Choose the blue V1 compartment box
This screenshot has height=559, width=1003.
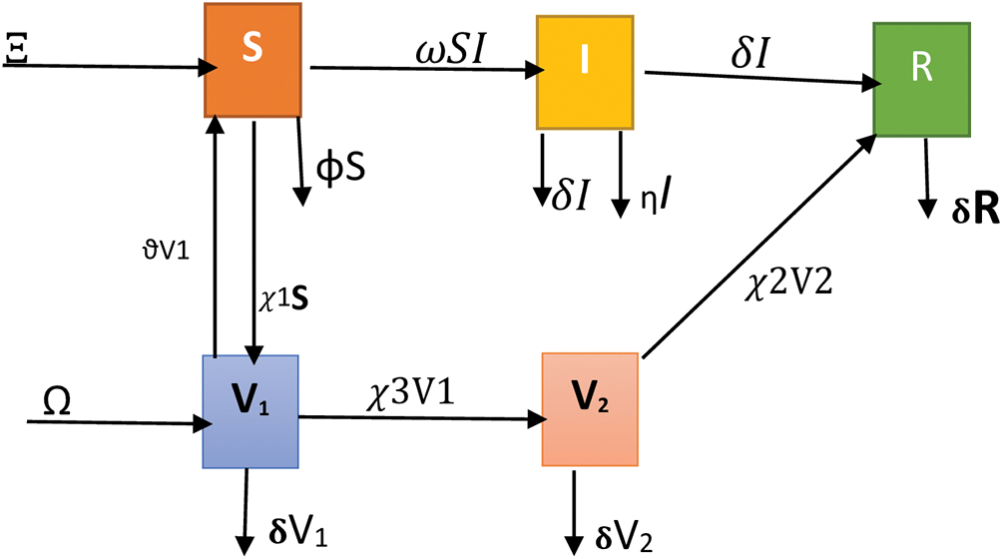coord(251,410)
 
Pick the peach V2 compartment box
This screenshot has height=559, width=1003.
coord(589,407)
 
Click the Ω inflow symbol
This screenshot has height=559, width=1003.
coord(57,401)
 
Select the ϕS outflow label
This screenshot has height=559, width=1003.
coord(340,166)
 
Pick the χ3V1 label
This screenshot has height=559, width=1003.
coord(408,392)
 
